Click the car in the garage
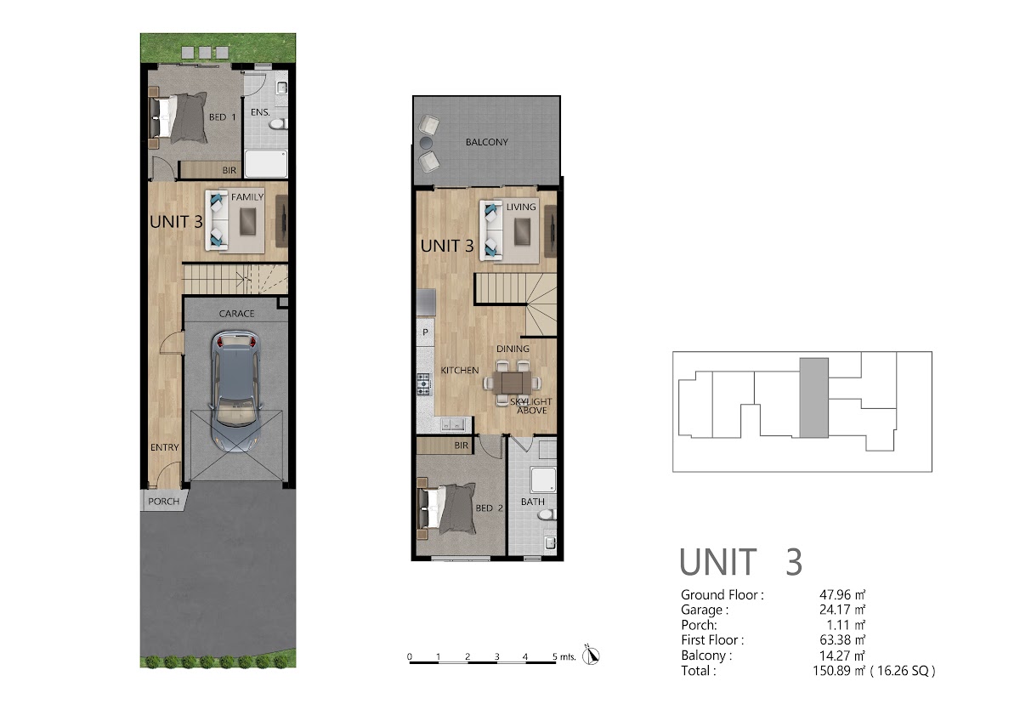click(235, 393)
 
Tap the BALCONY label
click(486, 142)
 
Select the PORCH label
click(163, 502)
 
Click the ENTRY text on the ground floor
click(164, 447)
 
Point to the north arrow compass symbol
click(591, 656)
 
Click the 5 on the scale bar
click(554, 656)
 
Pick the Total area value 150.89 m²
click(838, 671)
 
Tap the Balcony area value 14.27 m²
click(842, 656)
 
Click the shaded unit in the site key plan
click(813, 398)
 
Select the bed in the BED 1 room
click(178, 117)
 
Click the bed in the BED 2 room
click(446, 508)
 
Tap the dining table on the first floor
click(513, 383)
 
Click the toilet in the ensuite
click(277, 124)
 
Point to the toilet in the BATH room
click(547, 514)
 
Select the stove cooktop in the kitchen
click(423, 384)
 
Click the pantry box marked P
click(425, 332)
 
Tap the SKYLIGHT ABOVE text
click(530, 406)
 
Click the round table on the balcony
click(426, 143)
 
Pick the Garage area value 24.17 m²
click(842, 610)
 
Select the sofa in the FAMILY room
click(218, 220)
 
